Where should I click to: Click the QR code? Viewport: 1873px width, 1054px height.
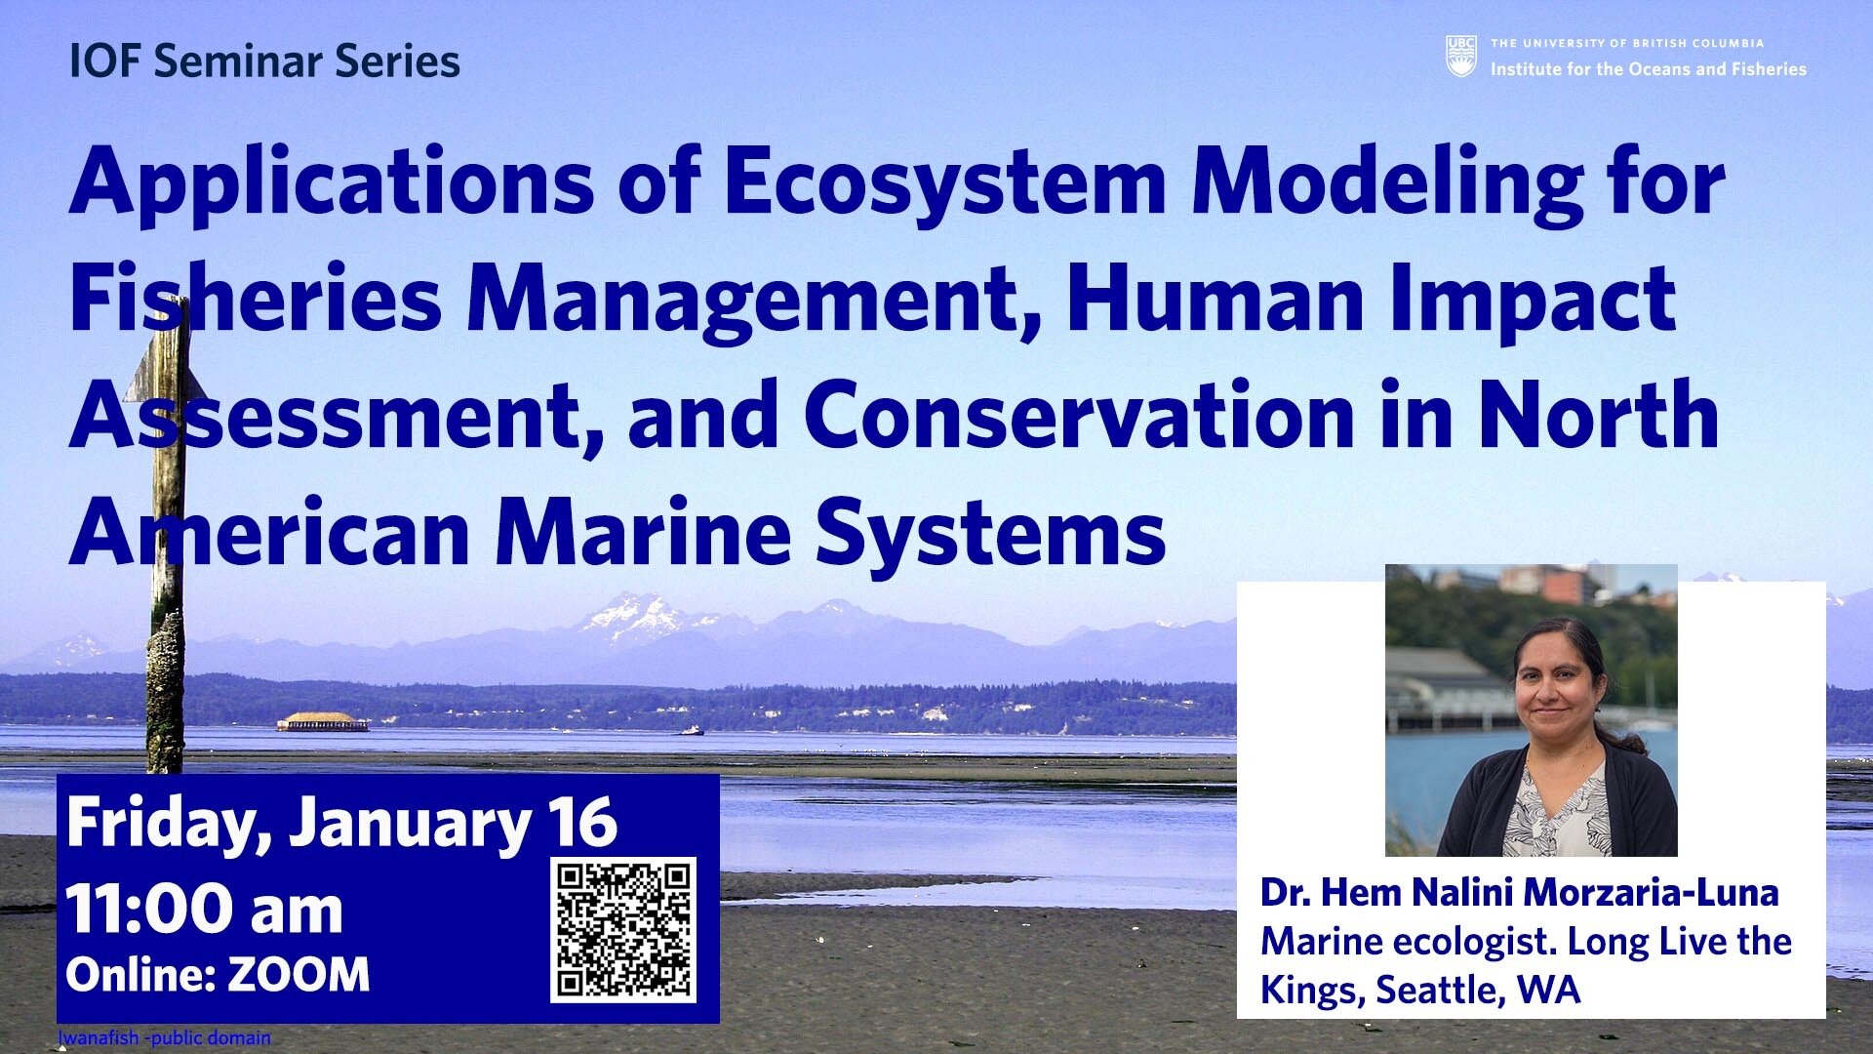click(623, 929)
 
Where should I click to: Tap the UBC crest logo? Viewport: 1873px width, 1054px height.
click(1460, 57)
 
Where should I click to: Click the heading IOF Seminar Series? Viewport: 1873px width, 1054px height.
click(264, 61)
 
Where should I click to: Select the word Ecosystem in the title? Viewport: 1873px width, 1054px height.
click(944, 184)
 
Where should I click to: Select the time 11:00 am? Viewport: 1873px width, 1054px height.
click(205, 910)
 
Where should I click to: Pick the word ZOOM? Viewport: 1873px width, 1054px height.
click(299, 975)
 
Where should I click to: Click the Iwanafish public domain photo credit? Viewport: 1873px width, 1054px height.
click(164, 1037)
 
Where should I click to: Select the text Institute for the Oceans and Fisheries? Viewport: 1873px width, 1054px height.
click(1649, 69)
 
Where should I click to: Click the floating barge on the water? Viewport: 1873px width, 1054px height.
click(323, 722)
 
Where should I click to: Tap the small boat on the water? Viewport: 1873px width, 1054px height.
click(691, 730)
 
